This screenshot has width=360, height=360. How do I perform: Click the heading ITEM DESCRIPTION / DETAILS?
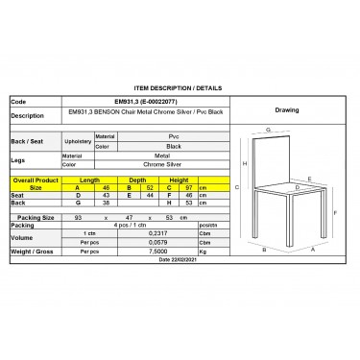pyautogui.click(x=180, y=85)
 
